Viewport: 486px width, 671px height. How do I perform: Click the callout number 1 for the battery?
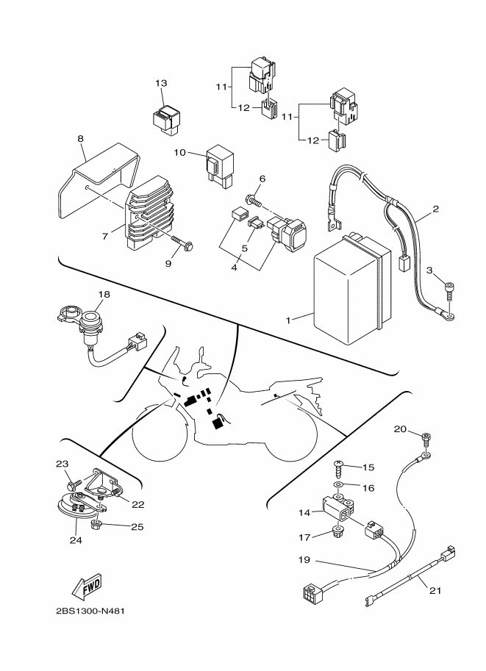point(287,320)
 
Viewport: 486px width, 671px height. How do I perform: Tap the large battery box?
point(346,290)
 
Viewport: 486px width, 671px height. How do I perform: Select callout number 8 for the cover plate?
point(80,137)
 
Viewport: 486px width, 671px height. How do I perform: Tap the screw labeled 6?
point(254,200)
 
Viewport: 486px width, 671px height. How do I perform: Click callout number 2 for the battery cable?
point(436,209)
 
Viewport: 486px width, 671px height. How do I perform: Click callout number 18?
point(83,294)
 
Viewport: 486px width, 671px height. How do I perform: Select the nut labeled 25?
point(96,525)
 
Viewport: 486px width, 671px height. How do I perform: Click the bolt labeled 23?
point(72,485)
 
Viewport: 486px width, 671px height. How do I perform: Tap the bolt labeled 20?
point(426,439)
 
